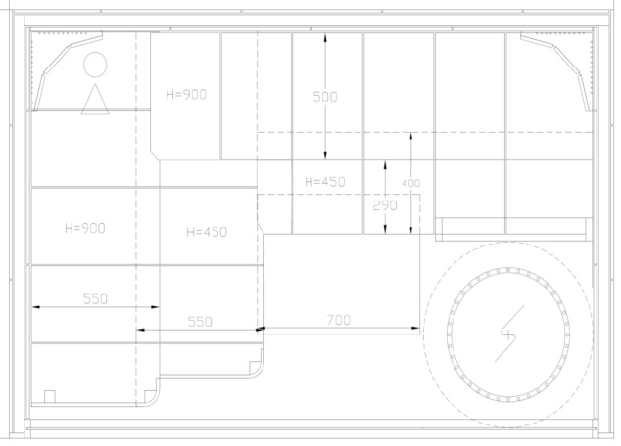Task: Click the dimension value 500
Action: click(x=325, y=97)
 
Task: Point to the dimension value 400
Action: click(x=411, y=183)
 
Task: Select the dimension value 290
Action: click(x=385, y=205)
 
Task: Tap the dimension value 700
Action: click(x=339, y=320)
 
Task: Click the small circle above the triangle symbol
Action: click(x=95, y=65)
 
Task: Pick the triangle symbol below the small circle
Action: click(x=95, y=99)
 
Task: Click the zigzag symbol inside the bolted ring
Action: click(x=509, y=334)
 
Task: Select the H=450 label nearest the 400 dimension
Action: click(x=325, y=182)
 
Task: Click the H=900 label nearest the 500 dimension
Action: click(x=186, y=95)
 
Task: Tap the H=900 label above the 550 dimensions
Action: click(x=85, y=228)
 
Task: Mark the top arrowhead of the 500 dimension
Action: click(x=325, y=37)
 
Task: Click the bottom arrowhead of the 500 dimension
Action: click(x=325, y=156)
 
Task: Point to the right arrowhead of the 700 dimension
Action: click(x=415, y=328)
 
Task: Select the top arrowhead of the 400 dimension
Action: click(x=411, y=137)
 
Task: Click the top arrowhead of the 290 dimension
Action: click(x=385, y=164)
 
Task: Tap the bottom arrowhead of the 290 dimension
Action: click(x=385, y=229)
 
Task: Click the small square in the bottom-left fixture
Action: click(x=50, y=396)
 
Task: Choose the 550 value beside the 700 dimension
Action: click(x=200, y=322)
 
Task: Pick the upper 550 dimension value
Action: click(x=95, y=299)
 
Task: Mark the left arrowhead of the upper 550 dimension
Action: click(x=36, y=306)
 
